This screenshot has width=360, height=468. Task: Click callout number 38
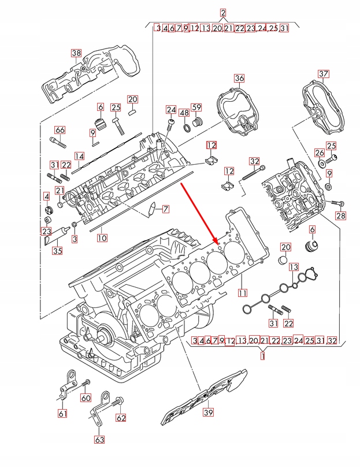(x=76, y=53)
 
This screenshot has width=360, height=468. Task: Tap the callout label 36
(x=239, y=78)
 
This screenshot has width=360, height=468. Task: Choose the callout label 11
(x=243, y=292)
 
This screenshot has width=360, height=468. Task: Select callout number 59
(x=196, y=107)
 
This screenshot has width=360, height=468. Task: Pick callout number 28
(x=340, y=216)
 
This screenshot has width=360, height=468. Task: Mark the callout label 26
(x=320, y=153)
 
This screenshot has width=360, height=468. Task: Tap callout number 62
(x=120, y=418)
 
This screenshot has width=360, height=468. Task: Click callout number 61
(x=62, y=413)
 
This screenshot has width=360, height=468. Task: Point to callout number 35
(x=57, y=250)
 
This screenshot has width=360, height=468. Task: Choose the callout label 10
(x=102, y=237)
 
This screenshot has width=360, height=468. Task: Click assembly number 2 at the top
(x=223, y=12)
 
